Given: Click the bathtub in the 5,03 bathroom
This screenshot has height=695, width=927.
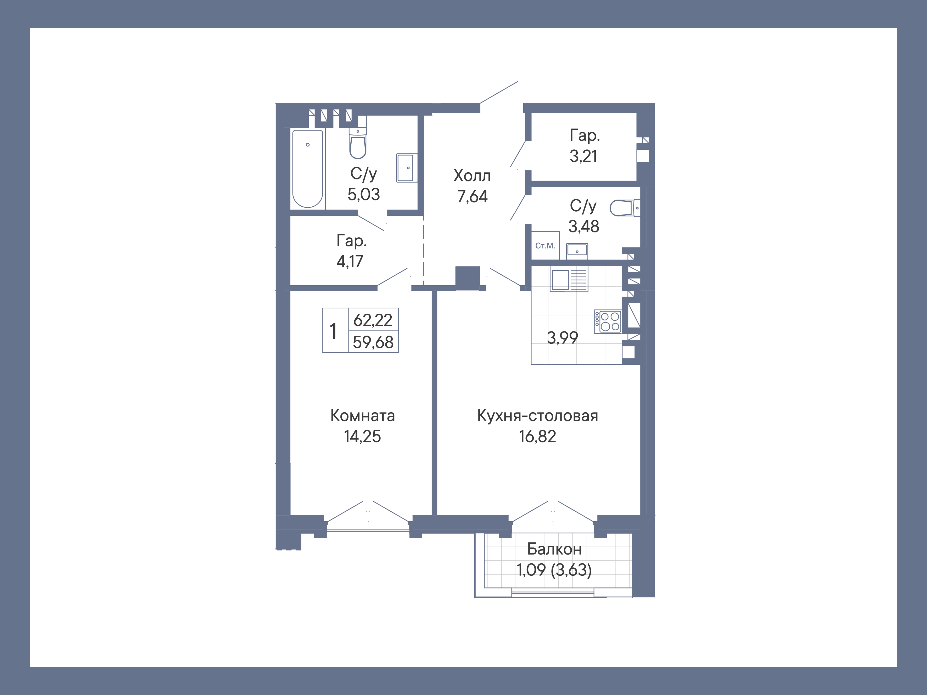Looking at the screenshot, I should tap(308, 168).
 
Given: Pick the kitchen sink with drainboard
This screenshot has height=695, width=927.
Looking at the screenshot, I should tap(569, 280).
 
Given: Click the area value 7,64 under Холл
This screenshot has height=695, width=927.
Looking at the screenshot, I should tap(472, 196).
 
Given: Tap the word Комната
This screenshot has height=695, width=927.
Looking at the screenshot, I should tap(362, 416).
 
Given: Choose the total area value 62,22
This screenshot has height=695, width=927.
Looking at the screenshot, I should tap(373, 320).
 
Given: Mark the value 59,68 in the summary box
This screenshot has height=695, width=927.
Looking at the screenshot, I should tap(373, 342).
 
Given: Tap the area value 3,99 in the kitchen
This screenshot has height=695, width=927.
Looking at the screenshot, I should tap(563, 337).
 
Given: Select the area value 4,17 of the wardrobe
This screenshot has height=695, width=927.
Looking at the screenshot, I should tap(350, 261).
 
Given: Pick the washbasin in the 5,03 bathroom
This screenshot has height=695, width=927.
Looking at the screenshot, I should tap(407, 168).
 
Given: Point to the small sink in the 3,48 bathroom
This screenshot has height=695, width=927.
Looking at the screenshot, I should tap(577, 251).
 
